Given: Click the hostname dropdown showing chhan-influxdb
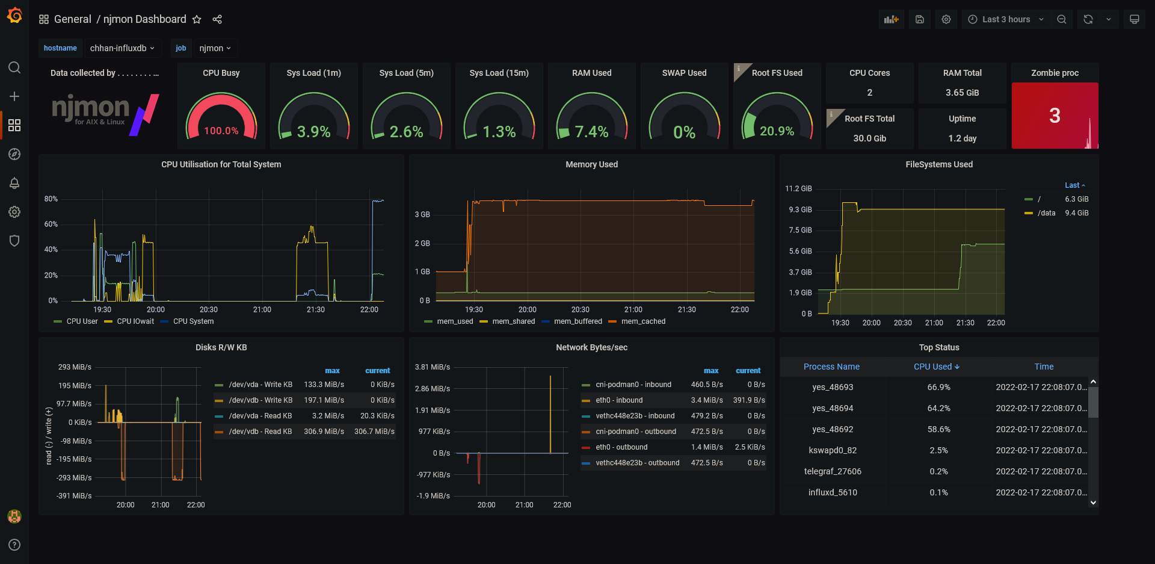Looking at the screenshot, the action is click(x=122, y=48).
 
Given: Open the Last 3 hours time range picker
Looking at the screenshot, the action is click(x=1006, y=19).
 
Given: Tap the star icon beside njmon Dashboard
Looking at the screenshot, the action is click(x=197, y=19).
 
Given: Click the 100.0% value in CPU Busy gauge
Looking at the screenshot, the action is click(x=221, y=131).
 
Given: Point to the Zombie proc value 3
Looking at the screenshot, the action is click(x=1055, y=116).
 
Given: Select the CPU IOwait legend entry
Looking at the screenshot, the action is click(x=129, y=321).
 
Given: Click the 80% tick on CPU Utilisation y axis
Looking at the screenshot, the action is click(x=51, y=199).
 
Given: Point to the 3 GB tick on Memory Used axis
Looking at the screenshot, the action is click(x=422, y=214).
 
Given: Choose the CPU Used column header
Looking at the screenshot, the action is click(x=937, y=367).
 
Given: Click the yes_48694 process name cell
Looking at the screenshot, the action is click(x=833, y=408).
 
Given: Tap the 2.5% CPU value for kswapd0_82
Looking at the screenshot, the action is click(x=938, y=450).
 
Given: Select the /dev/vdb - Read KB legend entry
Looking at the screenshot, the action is click(x=253, y=432).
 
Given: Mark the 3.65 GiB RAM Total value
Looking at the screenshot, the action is click(x=962, y=93).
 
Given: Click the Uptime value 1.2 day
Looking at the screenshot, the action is click(x=962, y=138).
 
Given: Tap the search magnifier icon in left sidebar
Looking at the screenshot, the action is click(x=14, y=67).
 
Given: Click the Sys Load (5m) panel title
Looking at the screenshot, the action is click(x=406, y=73).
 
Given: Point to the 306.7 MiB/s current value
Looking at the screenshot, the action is click(x=374, y=432).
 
